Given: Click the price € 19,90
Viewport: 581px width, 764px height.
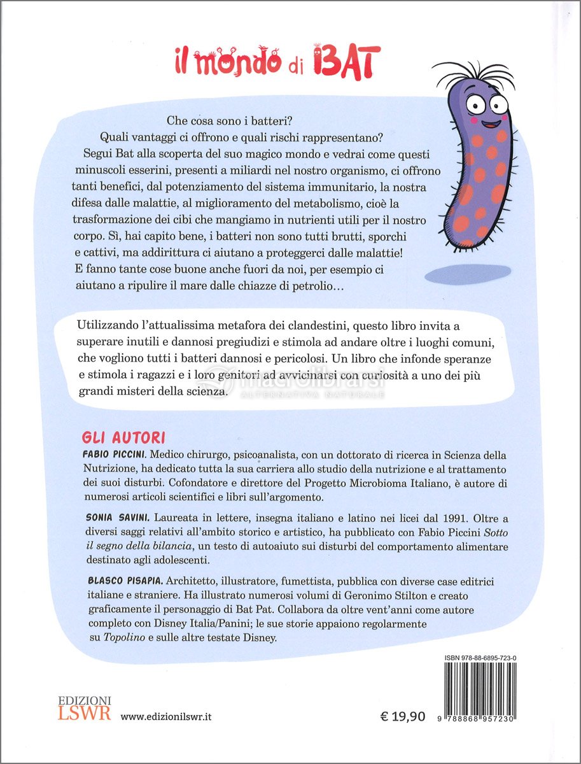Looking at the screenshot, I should click(402, 716).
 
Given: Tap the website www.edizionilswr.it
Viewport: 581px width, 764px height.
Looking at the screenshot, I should click(166, 716).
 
